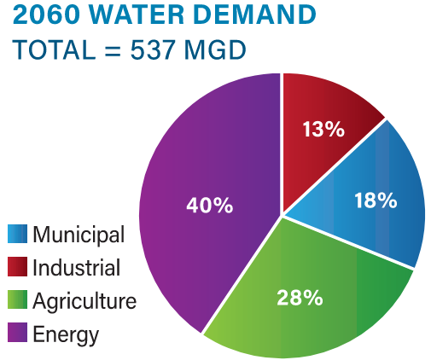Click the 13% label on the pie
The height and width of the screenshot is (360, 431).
coord(323,130)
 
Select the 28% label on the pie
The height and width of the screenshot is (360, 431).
coord(300,298)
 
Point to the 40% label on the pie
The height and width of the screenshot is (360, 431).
coord(210,206)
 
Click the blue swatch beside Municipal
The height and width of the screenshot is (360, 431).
coord(18,235)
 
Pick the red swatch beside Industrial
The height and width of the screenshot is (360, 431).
coord(18,268)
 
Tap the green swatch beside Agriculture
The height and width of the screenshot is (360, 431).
coord(18,301)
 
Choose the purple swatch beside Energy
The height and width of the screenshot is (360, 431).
coord(18,334)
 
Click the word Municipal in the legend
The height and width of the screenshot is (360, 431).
coord(79,235)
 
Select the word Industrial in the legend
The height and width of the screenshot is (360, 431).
coord(76,268)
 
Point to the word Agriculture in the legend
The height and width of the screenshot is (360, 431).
coord(84,301)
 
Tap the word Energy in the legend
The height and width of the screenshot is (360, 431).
coord(66,334)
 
